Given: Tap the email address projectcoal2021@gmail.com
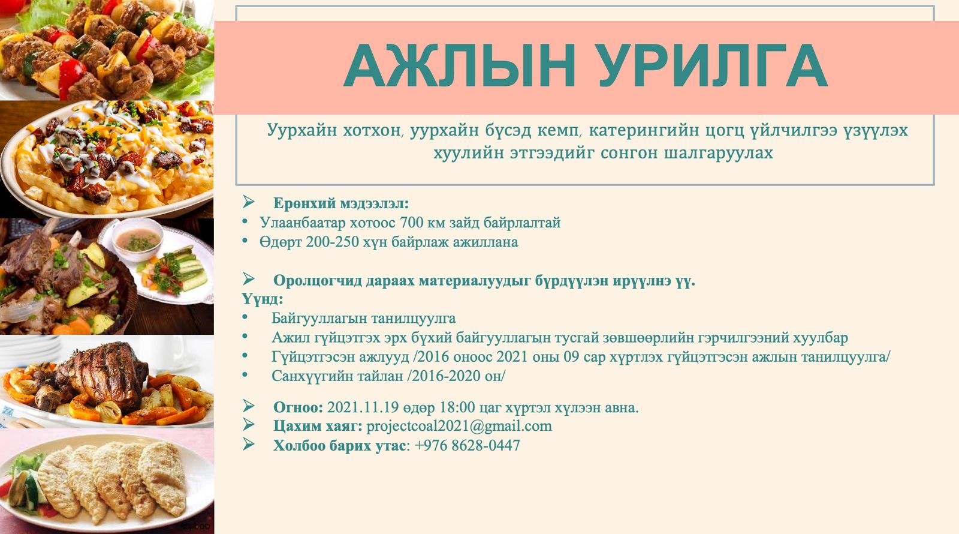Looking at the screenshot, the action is click(459, 427).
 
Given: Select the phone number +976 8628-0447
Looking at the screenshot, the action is click(468, 446).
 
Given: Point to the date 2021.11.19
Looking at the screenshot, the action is click(363, 407).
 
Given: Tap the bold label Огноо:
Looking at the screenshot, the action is click(298, 407).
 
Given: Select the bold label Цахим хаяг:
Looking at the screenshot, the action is click(318, 427).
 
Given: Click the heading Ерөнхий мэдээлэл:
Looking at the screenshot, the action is click(341, 203).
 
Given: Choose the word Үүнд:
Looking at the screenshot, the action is click(263, 299).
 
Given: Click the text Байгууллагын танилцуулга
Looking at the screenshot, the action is click(363, 319).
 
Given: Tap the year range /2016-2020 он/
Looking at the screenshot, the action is click(456, 376).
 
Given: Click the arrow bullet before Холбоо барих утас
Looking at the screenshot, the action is click(248, 444).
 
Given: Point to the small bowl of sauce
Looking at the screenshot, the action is click(138, 239).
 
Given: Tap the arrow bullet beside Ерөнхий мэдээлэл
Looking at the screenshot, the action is click(248, 202).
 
